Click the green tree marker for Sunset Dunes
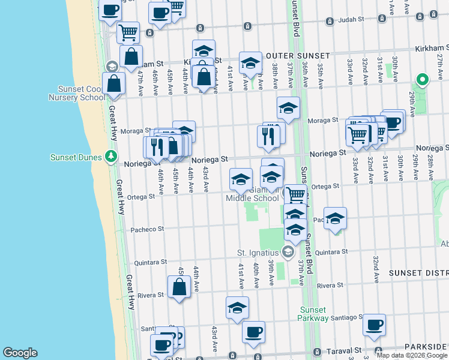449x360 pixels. click(x=110, y=157)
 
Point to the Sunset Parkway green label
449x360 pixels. click(x=313, y=314)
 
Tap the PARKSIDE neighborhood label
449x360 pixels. click(x=424, y=347)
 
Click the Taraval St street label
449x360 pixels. click(x=345, y=350)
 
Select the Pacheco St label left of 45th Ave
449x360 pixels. click(x=148, y=229)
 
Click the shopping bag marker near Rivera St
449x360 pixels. click(x=179, y=287)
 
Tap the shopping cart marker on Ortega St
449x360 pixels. click(x=295, y=194)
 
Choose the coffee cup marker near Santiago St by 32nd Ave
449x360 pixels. click(x=375, y=325)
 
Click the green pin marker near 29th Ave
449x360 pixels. click(x=422, y=79)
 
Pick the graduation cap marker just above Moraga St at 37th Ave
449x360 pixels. click(x=288, y=108)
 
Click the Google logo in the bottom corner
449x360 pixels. click(x=20, y=353)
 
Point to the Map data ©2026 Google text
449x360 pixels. click(x=412, y=355)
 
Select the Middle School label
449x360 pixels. click(x=252, y=198)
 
